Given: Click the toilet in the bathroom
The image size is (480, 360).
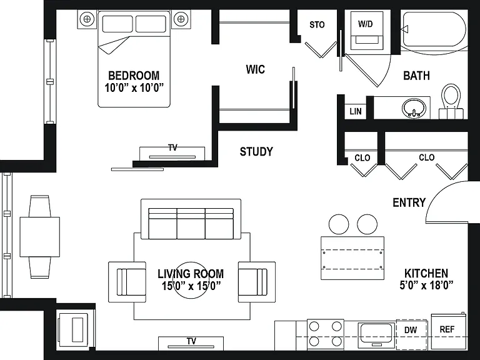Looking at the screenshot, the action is tap(451, 101).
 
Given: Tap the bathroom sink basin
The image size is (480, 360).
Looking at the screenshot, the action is tap(414, 108).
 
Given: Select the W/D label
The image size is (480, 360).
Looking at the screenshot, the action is tap(366, 24).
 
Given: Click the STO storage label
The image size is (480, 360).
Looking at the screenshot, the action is tap(317, 25).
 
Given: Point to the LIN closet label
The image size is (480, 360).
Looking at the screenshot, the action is tap(356, 111).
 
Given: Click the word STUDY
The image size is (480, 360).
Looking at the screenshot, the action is tap(256, 151).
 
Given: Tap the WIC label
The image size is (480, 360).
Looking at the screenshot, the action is tap(255, 69).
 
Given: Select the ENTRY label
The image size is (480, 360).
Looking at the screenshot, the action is tap(409, 202).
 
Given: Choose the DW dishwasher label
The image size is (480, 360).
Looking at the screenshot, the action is tap(411, 330).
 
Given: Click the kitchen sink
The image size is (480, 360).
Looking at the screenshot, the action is tap(376, 334).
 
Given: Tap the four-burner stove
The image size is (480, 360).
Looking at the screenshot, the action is tap(326, 334).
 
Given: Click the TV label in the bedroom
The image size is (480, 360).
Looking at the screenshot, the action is tap(172, 148).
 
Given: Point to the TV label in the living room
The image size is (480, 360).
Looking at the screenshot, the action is tap(191, 341).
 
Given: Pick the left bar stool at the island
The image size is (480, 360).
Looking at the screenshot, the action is tap(339, 224).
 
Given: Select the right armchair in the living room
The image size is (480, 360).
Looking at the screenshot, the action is tap(256, 282).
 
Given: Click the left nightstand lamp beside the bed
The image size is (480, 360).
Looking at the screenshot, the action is tap(87, 19).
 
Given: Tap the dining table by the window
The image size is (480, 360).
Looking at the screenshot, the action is tap(40, 237).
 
